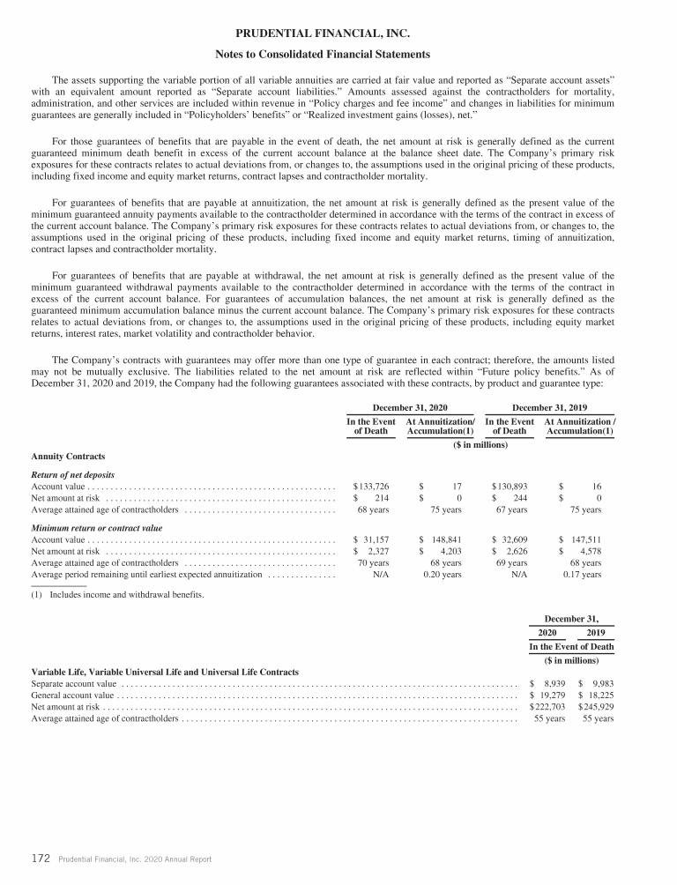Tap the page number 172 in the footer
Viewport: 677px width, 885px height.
click(39, 859)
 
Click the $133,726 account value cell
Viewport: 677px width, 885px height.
click(371, 486)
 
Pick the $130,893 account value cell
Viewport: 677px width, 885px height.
click(510, 486)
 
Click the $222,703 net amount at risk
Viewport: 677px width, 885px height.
click(547, 707)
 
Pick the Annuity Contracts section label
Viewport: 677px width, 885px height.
click(68, 457)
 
